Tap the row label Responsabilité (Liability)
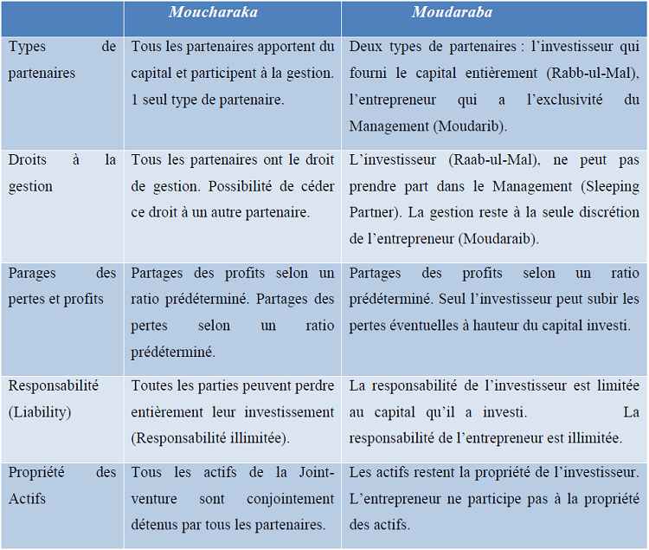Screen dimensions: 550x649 tap(54, 398)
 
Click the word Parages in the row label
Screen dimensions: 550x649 tap(33, 273)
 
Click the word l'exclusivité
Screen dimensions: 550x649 tap(564, 100)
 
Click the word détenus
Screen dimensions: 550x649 tap(154, 525)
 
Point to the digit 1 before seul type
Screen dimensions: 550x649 tap(135, 100)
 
